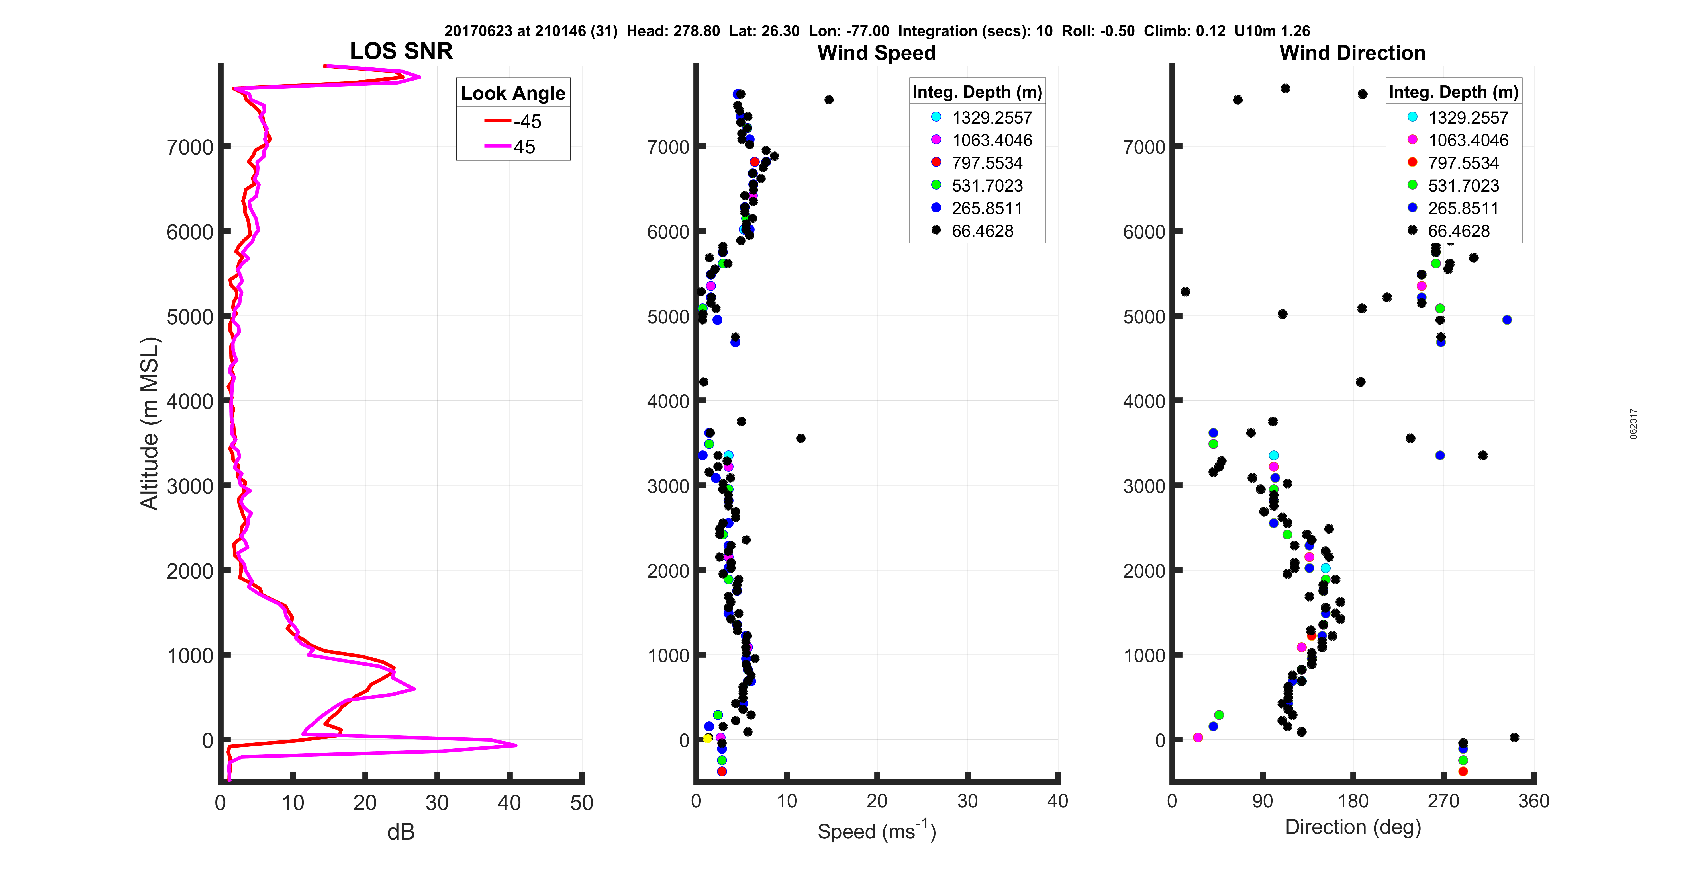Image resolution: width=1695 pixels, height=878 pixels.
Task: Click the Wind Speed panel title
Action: coord(877,53)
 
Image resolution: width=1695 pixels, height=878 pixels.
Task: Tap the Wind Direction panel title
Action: coord(1352,53)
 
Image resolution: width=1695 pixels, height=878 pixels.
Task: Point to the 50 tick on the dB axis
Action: coord(582,802)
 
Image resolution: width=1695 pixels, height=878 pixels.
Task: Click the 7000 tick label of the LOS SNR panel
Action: coord(190,147)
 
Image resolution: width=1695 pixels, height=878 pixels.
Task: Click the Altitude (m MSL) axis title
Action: coord(150,423)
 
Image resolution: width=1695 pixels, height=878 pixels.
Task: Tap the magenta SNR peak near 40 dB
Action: coord(515,745)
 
